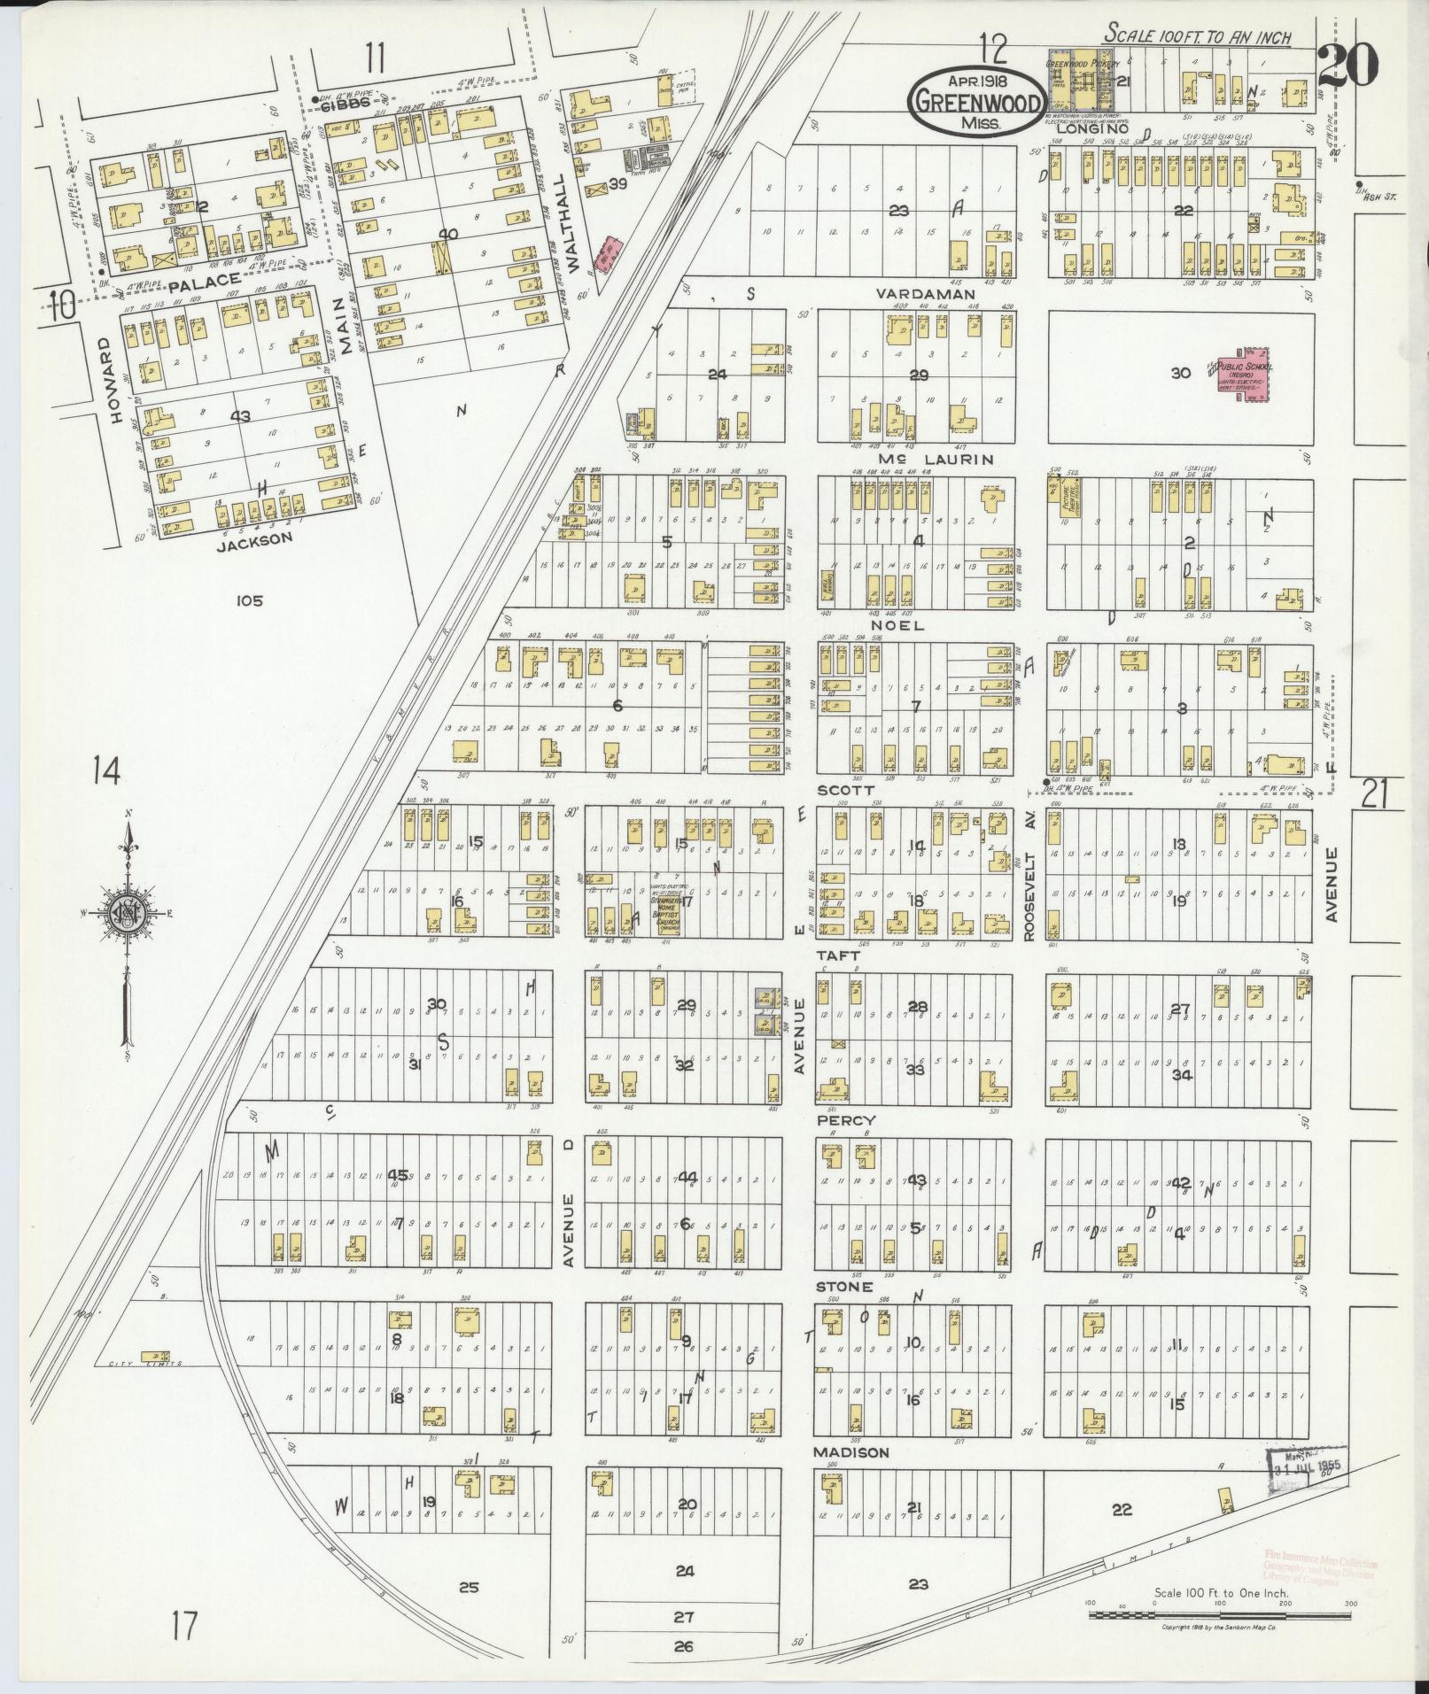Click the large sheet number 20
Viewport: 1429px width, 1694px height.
point(1347,66)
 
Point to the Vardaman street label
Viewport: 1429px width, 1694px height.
point(925,294)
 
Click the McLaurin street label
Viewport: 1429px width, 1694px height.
point(923,460)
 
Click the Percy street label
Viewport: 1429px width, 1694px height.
point(846,1120)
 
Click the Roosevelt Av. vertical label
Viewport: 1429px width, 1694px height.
point(1029,871)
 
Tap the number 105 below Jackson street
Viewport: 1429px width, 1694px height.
point(250,601)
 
